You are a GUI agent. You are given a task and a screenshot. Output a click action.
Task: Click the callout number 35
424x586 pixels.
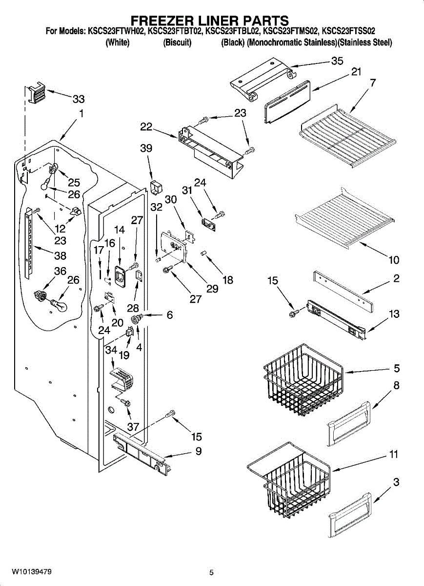tap(337, 61)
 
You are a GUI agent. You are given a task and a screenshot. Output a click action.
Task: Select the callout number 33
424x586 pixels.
tap(79, 99)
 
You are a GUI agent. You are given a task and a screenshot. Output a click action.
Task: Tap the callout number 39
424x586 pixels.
tap(146, 148)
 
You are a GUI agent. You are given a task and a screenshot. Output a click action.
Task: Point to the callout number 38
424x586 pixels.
tap(60, 255)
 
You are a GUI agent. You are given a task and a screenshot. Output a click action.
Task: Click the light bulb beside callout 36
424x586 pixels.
tap(59, 305)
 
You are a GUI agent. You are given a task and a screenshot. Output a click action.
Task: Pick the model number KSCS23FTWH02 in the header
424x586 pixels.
tap(116, 31)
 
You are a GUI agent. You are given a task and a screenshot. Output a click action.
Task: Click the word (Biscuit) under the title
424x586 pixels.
tap(177, 42)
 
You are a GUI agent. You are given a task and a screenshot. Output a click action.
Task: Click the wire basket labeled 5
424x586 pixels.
tap(303, 380)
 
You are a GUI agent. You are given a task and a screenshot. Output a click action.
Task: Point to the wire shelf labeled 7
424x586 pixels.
tap(348, 136)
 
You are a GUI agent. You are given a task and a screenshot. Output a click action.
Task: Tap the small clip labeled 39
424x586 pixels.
tap(156, 187)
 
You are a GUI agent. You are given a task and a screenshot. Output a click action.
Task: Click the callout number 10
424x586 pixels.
tap(394, 260)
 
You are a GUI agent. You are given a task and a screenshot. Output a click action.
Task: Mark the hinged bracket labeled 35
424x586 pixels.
tap(263, 79)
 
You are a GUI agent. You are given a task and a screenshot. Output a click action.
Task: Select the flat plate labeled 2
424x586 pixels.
tap(343, 292)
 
